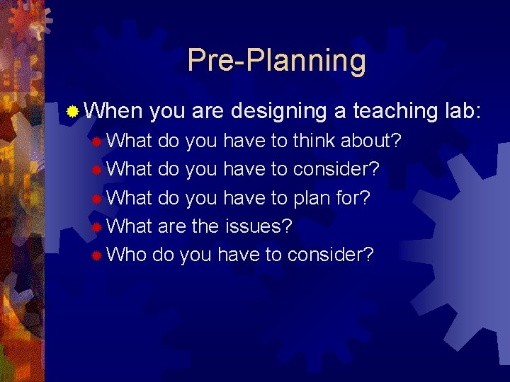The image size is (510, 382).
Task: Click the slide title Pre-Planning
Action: pyautogui.click(x=276, y=61)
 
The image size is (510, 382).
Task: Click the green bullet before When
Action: pyautogui.click(x=72, y=111)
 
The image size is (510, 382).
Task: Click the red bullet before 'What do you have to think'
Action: pyautogui.click(x=96, y=141)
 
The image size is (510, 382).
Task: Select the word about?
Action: pyautogui.click(x=371, y=141)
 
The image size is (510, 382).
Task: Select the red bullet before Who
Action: pyautogui.click(x=96, y=255)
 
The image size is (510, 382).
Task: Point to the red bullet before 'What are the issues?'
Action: pyautogui.click(x=96, y=226)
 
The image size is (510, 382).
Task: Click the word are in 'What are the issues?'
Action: pyautogui.click(x=171, y=226)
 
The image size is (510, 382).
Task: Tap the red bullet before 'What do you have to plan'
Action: pyautogui.click(x=96, y=198)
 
